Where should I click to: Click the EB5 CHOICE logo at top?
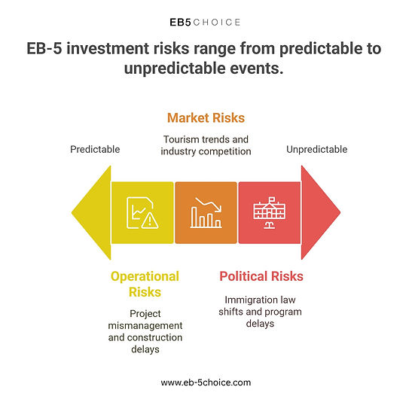[x=205, y=23]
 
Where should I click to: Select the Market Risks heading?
[x=206, y=118]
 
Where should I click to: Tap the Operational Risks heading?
[x=145, y=284]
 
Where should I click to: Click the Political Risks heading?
[x=261, y=276]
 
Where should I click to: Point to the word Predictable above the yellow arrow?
[x=95, y=149]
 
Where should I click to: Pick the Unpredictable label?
[x=317, y=149]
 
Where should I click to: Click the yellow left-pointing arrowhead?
[x=91, y=213]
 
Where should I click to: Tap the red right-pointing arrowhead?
[x=321, y=213]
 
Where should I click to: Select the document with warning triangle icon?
[x=142, y=213]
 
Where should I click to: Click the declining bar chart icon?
[x=206, y=213]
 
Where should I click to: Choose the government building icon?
[x=270, y=213]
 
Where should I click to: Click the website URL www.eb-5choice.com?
[x=206, y=382]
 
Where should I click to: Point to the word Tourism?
[x=181, y=139]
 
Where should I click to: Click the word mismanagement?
[x=145, y=326]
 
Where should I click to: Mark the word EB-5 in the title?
[x=44, y=49]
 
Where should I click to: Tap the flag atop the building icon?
[x=272, y=199]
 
